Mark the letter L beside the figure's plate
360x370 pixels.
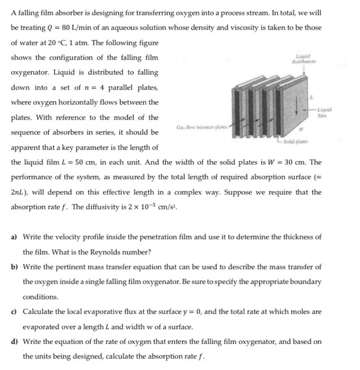click(x=311, y=97)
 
